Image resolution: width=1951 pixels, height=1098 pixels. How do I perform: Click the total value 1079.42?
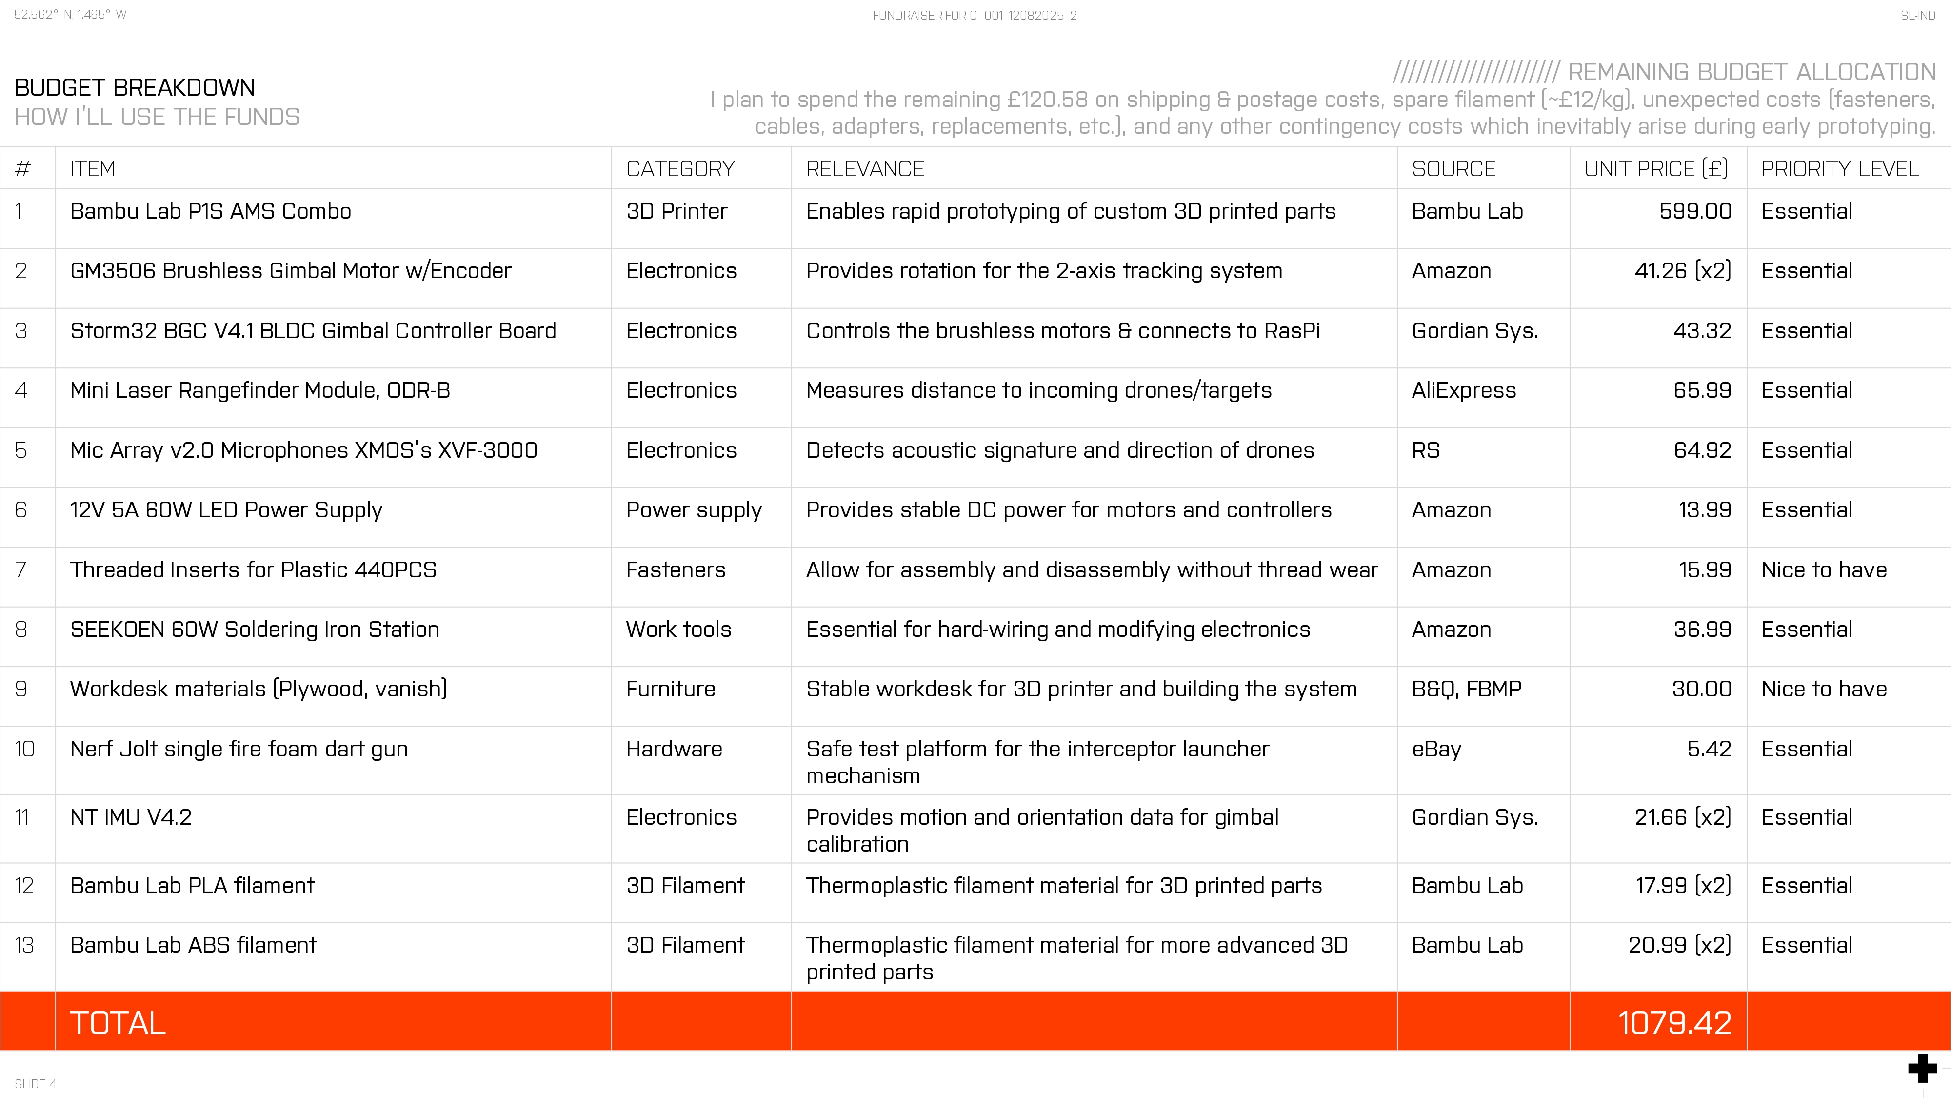[x=1674, y=1022]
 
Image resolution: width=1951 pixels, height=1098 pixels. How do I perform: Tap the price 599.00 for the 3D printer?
[x=1694, y=211]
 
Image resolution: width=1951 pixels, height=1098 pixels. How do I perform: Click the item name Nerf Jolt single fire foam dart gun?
[x=239, y=749]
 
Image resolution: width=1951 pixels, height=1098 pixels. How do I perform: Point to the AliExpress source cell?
[x=1463, y=390]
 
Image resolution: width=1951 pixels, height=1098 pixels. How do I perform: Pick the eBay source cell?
[x=1436, y=749]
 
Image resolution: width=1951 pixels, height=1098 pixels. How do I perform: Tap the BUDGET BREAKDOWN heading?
[x=135, y=88]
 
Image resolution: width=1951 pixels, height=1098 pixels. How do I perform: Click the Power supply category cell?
[x=693, y=510]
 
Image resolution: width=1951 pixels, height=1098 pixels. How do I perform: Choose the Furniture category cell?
[x=670, y=689]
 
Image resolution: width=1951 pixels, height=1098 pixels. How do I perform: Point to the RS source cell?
[x=1425, y=450]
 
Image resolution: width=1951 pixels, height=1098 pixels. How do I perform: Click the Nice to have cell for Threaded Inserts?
[x=1824, y=570]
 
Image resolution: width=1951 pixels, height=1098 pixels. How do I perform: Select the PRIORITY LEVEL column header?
[x=1840, y=168]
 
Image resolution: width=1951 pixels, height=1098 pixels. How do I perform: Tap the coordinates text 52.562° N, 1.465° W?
[x=70, y=15]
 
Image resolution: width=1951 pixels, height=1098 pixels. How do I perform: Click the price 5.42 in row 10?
[x=1709, y=749]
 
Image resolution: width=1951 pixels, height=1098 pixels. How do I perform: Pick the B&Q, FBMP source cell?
[x=1466, y=689]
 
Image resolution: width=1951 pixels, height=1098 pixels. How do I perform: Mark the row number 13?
[x=24, y=945]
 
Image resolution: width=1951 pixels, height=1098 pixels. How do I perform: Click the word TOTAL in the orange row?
[x=118, y=1022]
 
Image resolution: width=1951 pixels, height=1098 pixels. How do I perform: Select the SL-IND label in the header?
[x=1917, y=15]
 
